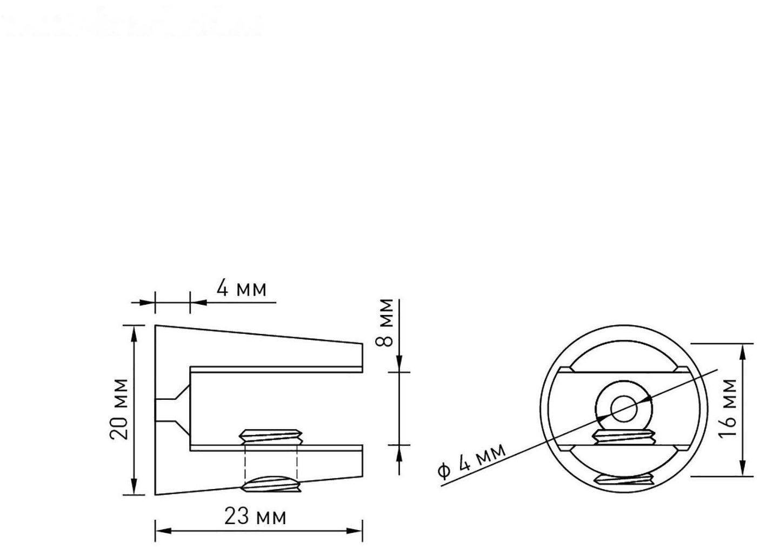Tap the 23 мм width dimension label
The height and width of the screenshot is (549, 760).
pos(255,517)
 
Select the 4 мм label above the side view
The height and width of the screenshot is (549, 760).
pos(242,289)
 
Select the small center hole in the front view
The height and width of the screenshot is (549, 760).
pos(623,409)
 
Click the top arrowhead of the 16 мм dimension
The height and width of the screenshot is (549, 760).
pos(743,351)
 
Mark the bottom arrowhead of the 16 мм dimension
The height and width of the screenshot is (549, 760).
pos(743,468)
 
